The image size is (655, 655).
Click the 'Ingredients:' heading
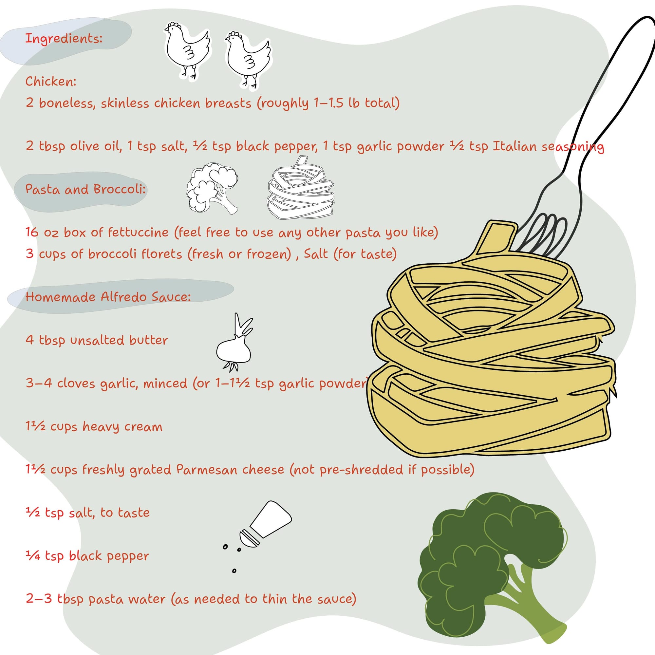[64, 39]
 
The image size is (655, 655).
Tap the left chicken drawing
[187, 50]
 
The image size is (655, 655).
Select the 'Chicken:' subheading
[51, 81]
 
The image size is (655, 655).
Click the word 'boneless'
[67, 103]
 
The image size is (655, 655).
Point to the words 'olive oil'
[96, 146]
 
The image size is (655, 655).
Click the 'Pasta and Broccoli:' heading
[85, 189]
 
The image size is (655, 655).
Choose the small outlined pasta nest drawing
[301, 187]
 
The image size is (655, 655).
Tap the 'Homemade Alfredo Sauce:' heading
[108, 297]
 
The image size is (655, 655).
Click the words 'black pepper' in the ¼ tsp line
[109, 556]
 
